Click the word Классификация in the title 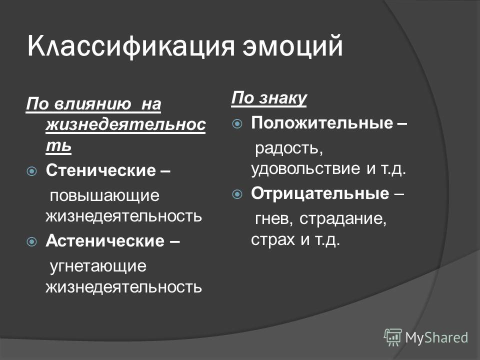131,47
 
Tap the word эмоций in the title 292,46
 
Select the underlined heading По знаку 269,98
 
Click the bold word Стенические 100,170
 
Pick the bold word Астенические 105,240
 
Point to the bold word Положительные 322,123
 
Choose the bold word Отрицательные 320,193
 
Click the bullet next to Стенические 32,171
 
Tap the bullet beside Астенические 32,242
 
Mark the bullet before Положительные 237,124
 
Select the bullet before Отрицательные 237,194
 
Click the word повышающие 104,196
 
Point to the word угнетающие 98,266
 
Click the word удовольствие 305,168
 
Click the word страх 273,239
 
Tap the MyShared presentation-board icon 392,337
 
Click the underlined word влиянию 93,104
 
